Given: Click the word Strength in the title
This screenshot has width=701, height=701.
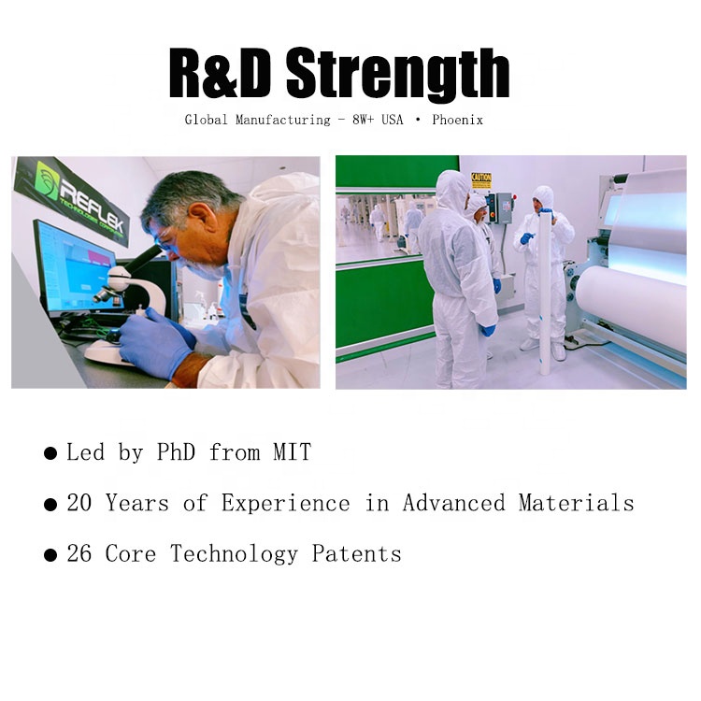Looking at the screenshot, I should [398, 76].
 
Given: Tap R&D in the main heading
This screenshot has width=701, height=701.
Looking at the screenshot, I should [222, 75].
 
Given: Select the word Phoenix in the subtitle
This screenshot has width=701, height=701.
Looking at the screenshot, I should [457, 121].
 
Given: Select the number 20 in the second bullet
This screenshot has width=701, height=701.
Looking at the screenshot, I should [79, 503].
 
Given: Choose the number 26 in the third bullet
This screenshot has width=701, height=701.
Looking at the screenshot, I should [79, 553].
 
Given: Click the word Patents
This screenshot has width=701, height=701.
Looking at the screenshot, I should [356, 553].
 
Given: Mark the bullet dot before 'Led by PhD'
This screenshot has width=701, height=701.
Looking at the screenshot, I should [50, 454].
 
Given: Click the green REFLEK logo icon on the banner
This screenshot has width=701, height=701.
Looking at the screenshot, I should [47, 178].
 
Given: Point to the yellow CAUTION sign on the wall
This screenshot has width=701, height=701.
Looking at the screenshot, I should [481, 180].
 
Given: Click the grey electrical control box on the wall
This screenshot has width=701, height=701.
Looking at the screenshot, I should [503, 210].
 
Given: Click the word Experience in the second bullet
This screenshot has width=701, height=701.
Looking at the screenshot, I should [285, 503].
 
